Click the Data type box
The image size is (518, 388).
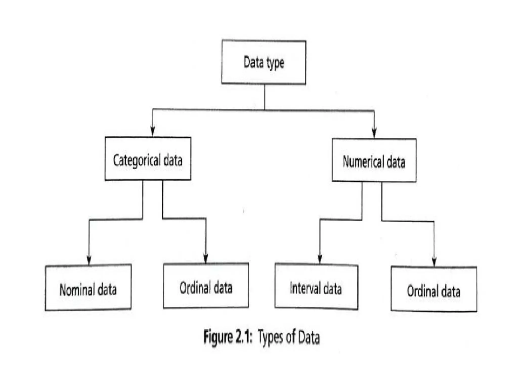pos(264,62)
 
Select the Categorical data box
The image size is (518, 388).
pos(148,159)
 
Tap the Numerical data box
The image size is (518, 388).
pos(374,160)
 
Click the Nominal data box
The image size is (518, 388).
pos(88,288)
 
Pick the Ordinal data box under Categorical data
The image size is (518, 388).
pos(206,286)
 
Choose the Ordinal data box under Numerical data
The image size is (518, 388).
pos(434,289)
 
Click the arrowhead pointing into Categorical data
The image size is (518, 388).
pos(153,131)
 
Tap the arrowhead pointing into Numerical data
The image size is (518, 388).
pos(374,133)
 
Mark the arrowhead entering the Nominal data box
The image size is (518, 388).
pos(89,260)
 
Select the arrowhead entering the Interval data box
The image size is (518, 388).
pos(320,259)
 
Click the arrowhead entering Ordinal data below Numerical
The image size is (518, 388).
pos(434,262)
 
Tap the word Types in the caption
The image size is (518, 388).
pos(270,337)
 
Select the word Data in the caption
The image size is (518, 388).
pos(309,337)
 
